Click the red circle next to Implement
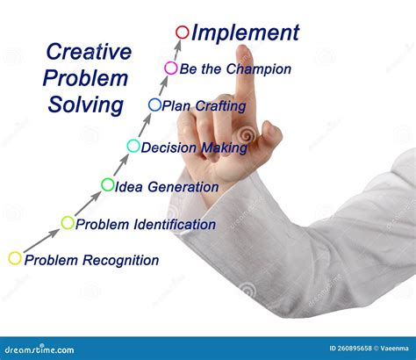tap(182, 32)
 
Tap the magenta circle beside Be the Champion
tap(171, 68)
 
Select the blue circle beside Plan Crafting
tap(154, 104)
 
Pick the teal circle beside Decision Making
tap(133, 146)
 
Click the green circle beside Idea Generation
tap(108, 184)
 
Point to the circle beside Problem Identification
tap(68, 222)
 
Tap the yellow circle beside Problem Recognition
tap(15, 258)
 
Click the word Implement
tap(246, 33)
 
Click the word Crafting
tap(221, 105)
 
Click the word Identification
tap(173, 224)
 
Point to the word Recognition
tap(118, 260)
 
